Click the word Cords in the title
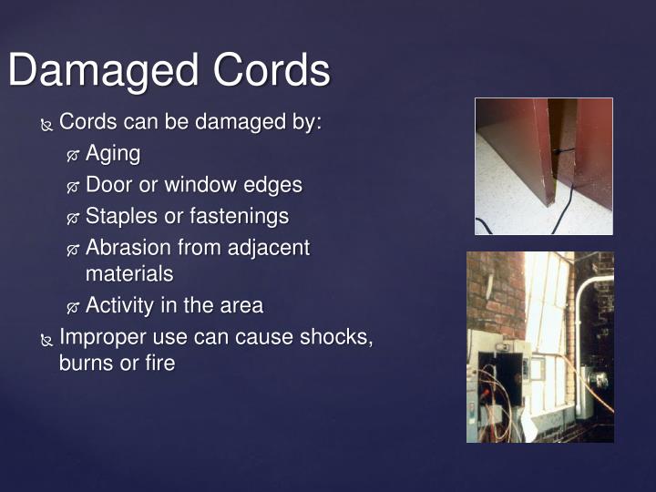(x=272, y=71)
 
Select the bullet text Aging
(x=113, y=154)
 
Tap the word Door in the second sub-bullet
(x=108, y=185)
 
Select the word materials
(x=128, y=272)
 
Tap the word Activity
(x=119, y=305)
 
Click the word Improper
(x=99, y=336)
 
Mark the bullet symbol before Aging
(x=74, y=156)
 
